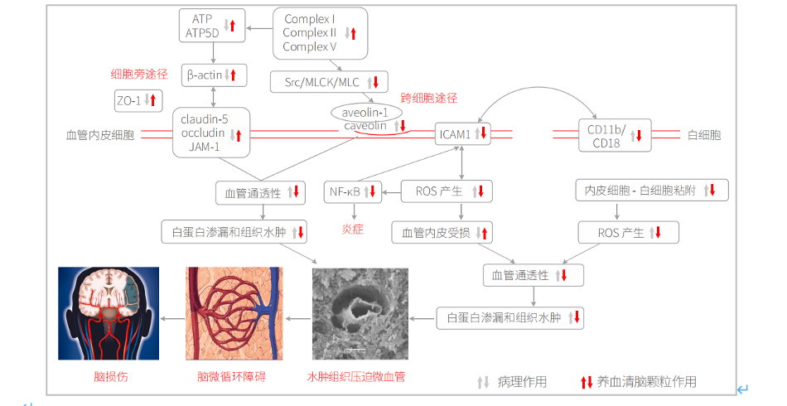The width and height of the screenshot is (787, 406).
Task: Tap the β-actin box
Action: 215,75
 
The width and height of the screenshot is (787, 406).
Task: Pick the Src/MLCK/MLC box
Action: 329,81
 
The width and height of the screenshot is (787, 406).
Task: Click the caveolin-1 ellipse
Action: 365,112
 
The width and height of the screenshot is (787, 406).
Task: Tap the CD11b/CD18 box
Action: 614,134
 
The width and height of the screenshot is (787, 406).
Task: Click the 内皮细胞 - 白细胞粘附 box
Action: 652,191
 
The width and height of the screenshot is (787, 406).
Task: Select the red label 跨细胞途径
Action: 428,98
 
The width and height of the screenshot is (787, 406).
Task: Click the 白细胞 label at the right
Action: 704,134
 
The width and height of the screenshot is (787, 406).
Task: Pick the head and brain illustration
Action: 109,313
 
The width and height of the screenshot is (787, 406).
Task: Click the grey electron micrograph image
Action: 360,313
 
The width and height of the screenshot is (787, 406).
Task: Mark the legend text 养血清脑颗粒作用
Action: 646,382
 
